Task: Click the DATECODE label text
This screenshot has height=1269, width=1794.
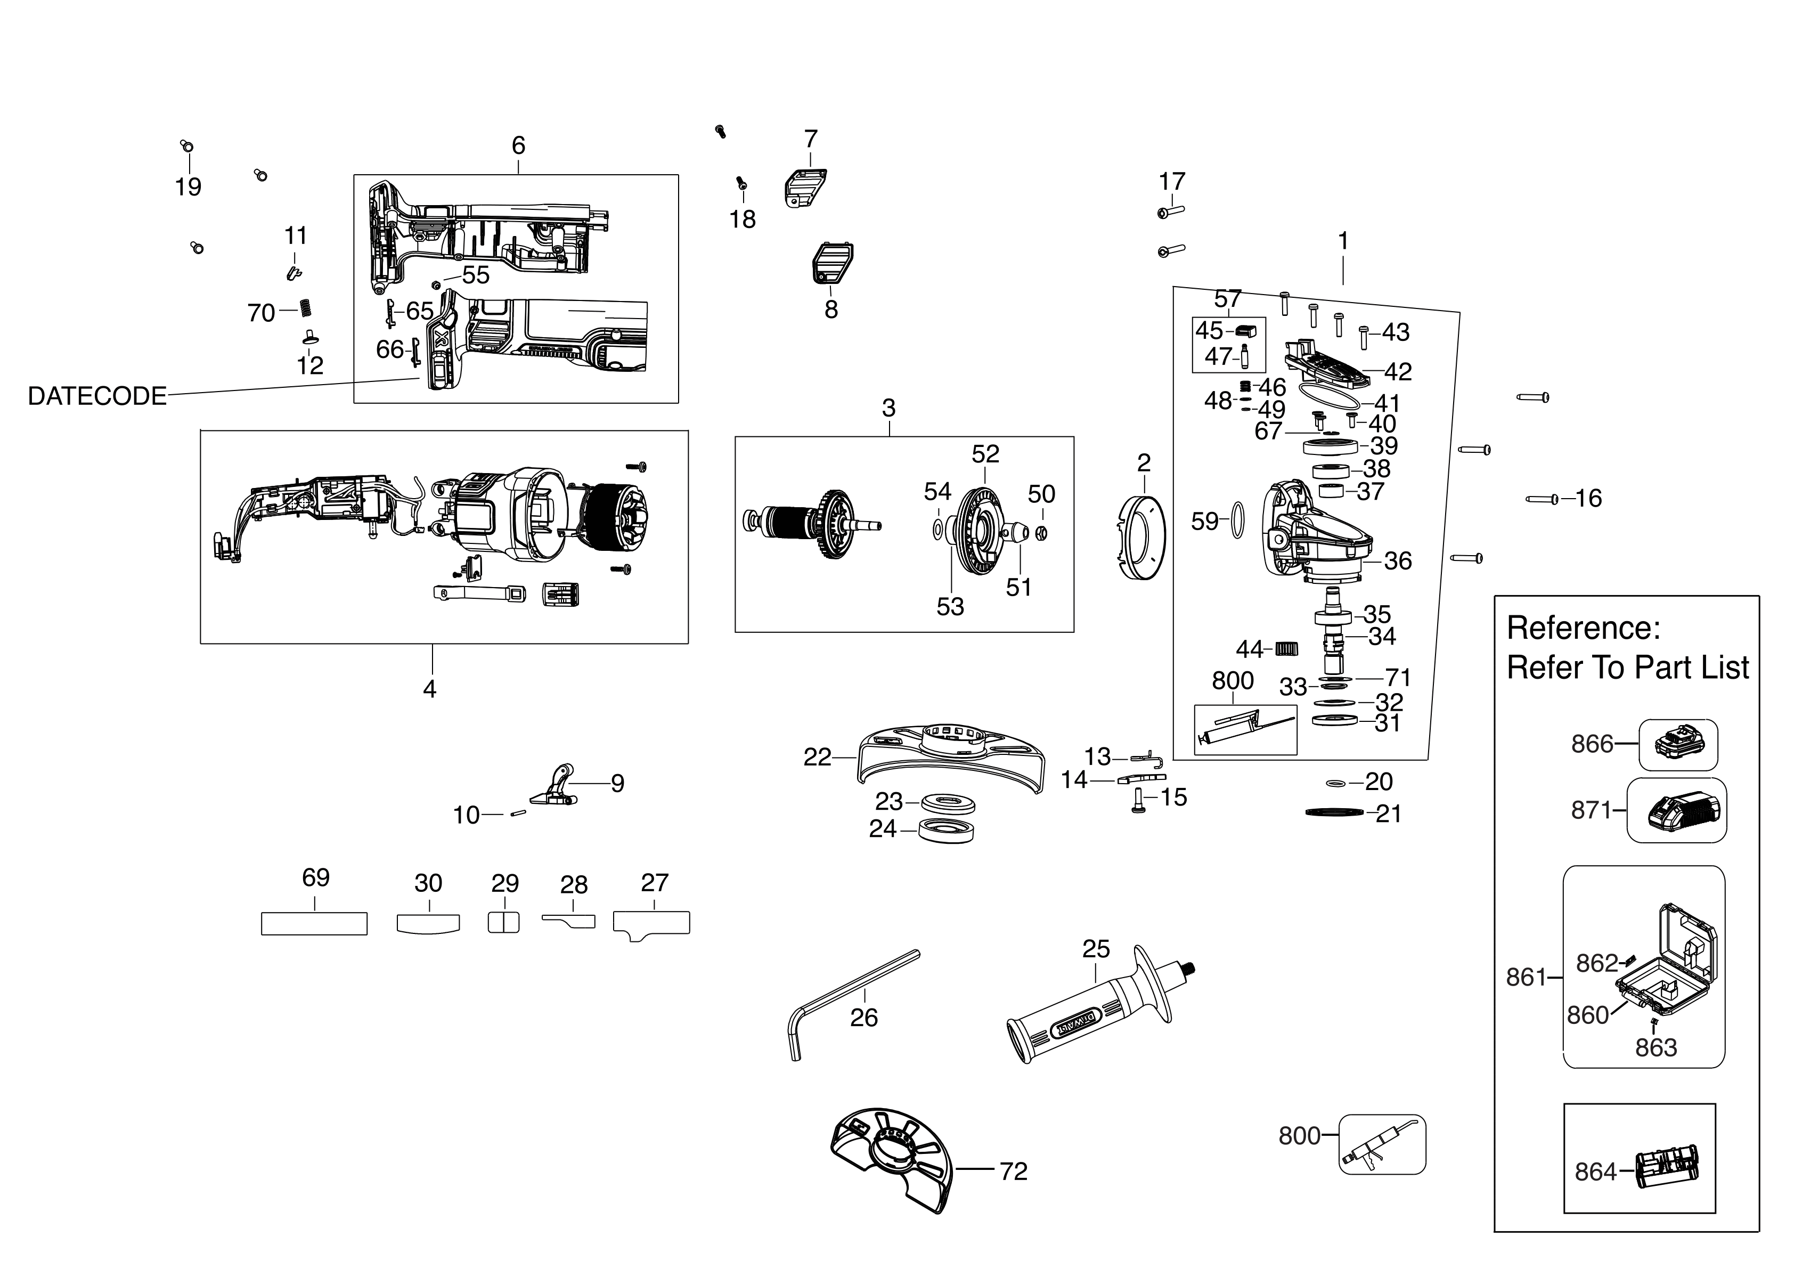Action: click(x=97, y=396)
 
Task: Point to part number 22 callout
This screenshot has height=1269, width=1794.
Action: click(x=817, y=757)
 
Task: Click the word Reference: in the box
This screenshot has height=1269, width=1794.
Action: click(x=1583, y=628)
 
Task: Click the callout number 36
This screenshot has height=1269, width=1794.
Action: click(x=1397, y=560)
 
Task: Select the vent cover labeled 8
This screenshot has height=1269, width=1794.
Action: click(x=828, y=264)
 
